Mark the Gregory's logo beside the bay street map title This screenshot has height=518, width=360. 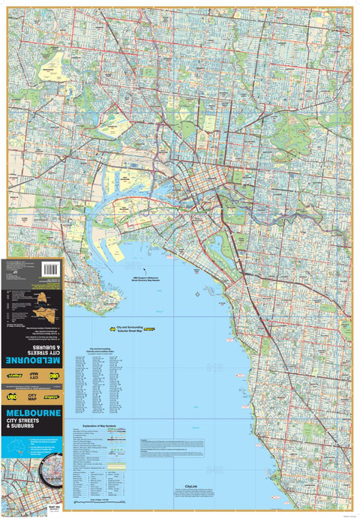pos(149,328)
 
